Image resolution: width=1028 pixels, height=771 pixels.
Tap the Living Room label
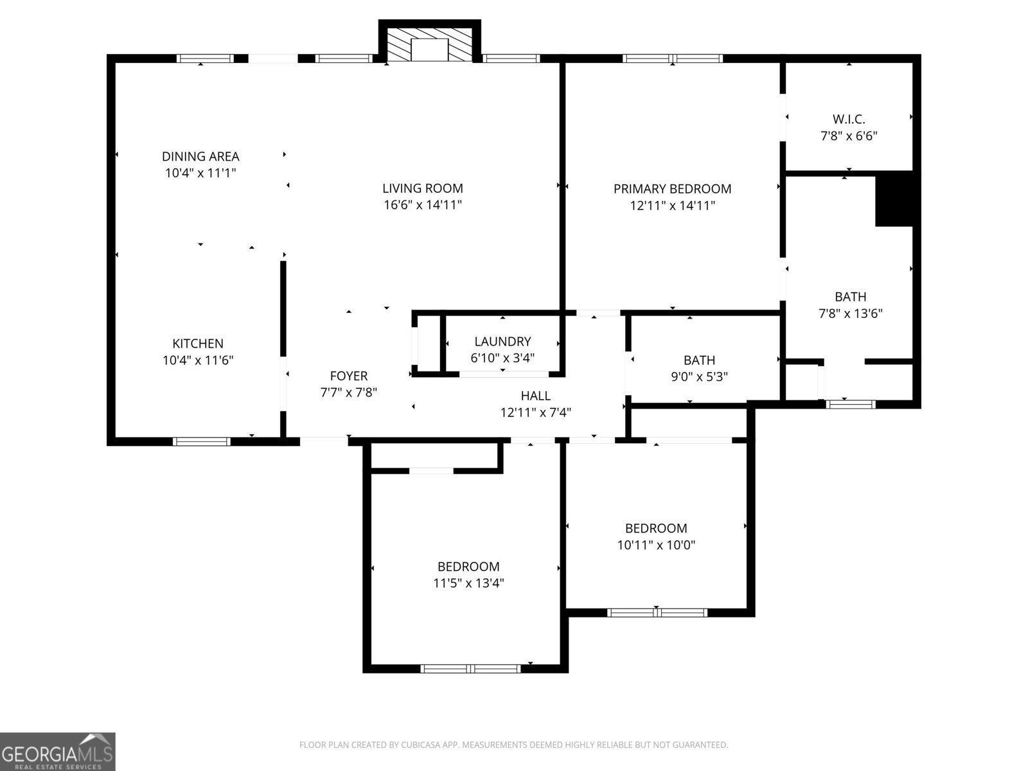tap(422, 188)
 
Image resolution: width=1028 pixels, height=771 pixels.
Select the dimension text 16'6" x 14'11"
tap(422, 205)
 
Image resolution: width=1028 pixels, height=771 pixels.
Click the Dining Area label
tap(200, 156)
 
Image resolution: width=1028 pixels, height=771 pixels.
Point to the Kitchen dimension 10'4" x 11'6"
tap(198, 360)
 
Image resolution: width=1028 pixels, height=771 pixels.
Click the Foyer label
tap(349, 376)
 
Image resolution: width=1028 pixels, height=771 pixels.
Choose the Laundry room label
tap(502, 341)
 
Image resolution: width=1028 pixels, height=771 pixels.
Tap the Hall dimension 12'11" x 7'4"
tap(535, 412)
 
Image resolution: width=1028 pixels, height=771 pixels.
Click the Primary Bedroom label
tap(672, 189)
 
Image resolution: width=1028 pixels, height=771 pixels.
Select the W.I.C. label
tap(849, 119)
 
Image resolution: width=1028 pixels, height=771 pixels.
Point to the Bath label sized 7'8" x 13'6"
tap(850, 297)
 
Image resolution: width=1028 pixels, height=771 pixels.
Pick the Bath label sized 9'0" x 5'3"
tap(699, 360)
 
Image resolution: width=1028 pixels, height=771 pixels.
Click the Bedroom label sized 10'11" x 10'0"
tap(656, 528)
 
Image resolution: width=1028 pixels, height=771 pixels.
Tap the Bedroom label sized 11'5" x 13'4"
tap(468, 567)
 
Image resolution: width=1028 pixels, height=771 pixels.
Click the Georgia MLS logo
tap(58, 752)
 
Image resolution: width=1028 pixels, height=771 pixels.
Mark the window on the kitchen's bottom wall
tap(201, 441)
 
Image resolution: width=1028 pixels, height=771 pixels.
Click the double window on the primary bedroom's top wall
tap(672, 58)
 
